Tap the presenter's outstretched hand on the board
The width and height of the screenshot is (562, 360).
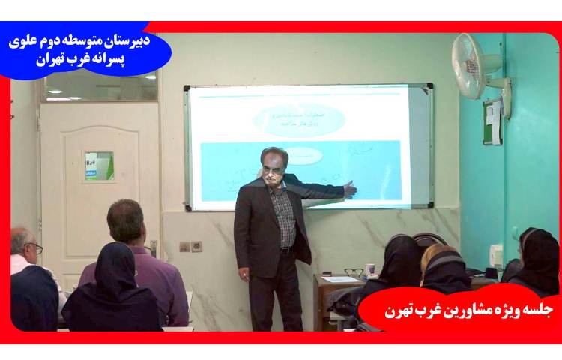coord(349,189)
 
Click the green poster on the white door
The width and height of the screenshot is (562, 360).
coord(99,166)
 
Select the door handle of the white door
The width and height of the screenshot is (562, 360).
coord(153,247)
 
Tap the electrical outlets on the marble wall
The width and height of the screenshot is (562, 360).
coord(190,246)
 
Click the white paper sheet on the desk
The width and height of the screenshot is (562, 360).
coord(340,279)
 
